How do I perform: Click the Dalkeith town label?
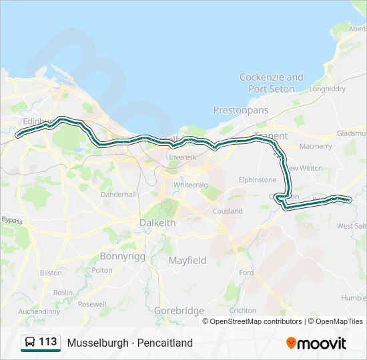coord(157,223)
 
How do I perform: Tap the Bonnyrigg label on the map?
coord(121,255)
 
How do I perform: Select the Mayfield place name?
coord(188,260)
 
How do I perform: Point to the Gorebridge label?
coord(179,311)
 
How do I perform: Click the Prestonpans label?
coord(240,109)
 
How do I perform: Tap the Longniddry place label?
coord(326,88)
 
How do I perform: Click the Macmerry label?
coord(316,146)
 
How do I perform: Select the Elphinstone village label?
coord(258,179)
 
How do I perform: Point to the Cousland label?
coord(228,211)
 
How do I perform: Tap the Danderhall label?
coord(118,194)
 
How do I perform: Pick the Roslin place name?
coord(63,293)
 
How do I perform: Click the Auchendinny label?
coord(39,311)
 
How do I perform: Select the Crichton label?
coord(242,310)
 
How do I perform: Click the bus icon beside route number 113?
coord(30,342)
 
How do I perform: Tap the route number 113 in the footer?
coord(47,342)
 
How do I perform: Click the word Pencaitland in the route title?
coord(165,343)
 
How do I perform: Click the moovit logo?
coord(316,343)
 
